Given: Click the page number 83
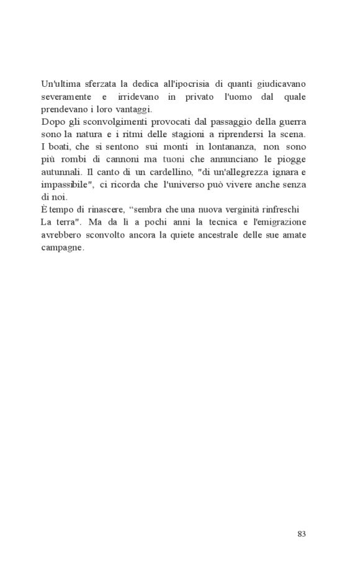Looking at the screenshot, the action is (x=302, y=534).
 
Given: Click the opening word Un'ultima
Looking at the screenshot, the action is (x=61, y=83).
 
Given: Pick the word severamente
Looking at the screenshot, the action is (x=65, y=97).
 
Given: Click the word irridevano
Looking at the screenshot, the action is (x=138, y=97).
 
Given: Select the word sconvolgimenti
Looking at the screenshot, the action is (x=106, y=123).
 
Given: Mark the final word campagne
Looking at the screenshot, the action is (x=63, y=248).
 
